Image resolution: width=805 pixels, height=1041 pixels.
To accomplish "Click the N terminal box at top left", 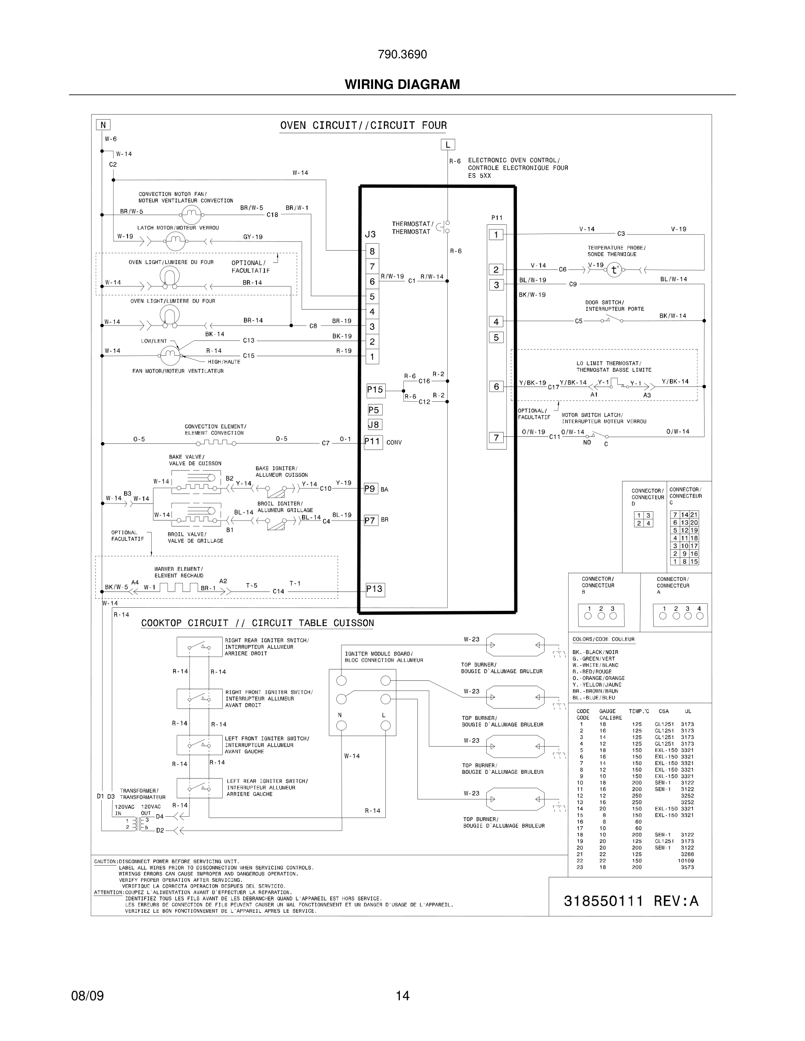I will pyautogui.click(x=103, y=125).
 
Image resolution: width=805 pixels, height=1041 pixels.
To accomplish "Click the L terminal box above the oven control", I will pyautogui.click(x=447, y=145).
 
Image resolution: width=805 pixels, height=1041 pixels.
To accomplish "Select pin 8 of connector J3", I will pyautogui.click(x=372, y=251).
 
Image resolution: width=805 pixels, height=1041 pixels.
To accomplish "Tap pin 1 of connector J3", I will pyautogui.click(x=372, y=357).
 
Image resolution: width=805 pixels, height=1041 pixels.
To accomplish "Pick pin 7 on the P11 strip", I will pyautogui.click(x=496, y=438).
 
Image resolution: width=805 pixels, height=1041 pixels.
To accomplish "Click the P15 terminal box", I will pyautogui.click(x=375, y=390).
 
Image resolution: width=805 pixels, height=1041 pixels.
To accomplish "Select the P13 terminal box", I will pyautogui.click(x=374, y=589).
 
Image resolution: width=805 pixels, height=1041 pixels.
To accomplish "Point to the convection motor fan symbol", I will pyautogui.click(x=190, y=215).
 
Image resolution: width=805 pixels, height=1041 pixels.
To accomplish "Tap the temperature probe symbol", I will pyautogui.click(x=614, y=270).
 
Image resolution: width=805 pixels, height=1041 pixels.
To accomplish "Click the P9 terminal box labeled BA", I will pyautogui.click(x=370, y=489).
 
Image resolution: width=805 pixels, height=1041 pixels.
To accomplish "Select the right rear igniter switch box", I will pyautogui.click(x=199, y=647).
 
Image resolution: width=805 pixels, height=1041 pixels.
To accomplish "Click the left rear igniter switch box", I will pyautogui.click(x=199, y=788).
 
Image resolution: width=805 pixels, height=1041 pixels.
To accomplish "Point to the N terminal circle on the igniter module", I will pyautogui.click(x=342, y=726).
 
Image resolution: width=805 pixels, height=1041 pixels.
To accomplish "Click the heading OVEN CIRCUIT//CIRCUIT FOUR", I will pyautogui.click(x=363, y=126).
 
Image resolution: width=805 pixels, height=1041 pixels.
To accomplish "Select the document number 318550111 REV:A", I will pyautogui.click(x=630, y=901).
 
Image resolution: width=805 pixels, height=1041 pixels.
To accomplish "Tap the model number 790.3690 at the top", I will pyautogui.click(x=402, y=55).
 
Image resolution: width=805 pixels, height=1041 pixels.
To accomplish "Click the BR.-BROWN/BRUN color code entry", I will pyautogui.click(x=595, y=691).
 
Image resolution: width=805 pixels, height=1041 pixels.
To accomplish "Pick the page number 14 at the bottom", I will pyautogui.click(x=402, y=996).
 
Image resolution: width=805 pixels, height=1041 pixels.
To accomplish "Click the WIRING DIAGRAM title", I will pyautogui.click(x=402, y=85).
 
